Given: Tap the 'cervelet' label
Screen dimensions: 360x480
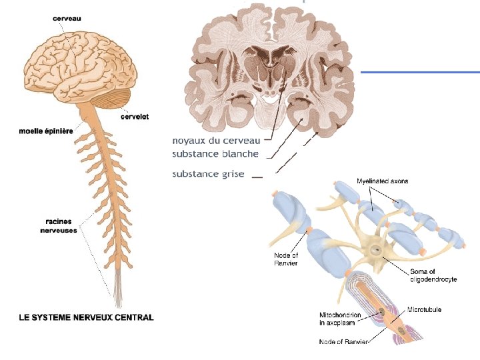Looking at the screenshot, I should pyautogui.click(x=134, y=117).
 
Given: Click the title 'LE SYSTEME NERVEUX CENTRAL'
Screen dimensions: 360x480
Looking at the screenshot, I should pyautogui.click(x=85, y=317).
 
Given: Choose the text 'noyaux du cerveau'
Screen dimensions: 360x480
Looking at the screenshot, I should pyautogui.click(x=216, y=141).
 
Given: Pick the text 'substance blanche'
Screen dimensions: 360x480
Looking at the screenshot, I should pyautogui.click(x=215, y=154).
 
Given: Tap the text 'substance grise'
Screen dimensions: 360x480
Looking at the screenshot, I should pyautogui.click(x=209, y=174).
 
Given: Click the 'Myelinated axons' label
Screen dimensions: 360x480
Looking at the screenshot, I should pyautogui.click(x=383, y=181).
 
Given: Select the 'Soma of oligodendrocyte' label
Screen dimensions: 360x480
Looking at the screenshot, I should pyautogui.click(x=432, y=275).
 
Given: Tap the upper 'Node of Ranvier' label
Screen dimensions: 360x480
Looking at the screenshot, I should pyautogui.click(x=286, y=259).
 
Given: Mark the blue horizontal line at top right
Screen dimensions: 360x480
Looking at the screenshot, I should pyautogui.click(x=420, y=71).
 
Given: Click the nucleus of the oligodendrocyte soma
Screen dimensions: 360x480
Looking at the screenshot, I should pyautogui.click(x=377, y=251).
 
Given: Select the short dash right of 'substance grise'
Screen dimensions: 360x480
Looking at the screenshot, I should pyautogui.click(x=258, y=177).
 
